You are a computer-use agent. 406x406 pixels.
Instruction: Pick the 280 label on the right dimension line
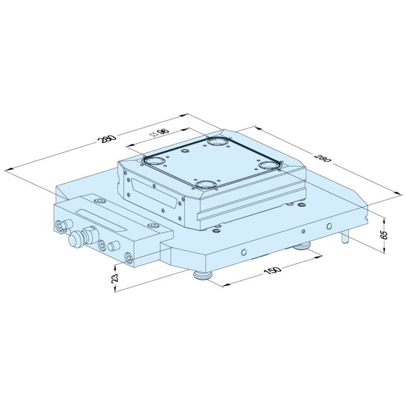coord(322,158)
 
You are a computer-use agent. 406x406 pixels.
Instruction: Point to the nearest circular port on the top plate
coord(206,184)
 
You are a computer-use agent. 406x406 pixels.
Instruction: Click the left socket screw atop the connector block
coord(100,201)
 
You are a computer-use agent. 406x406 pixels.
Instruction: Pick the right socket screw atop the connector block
coord(153,226)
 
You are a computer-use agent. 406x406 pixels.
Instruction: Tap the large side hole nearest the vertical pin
coord(329,226)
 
